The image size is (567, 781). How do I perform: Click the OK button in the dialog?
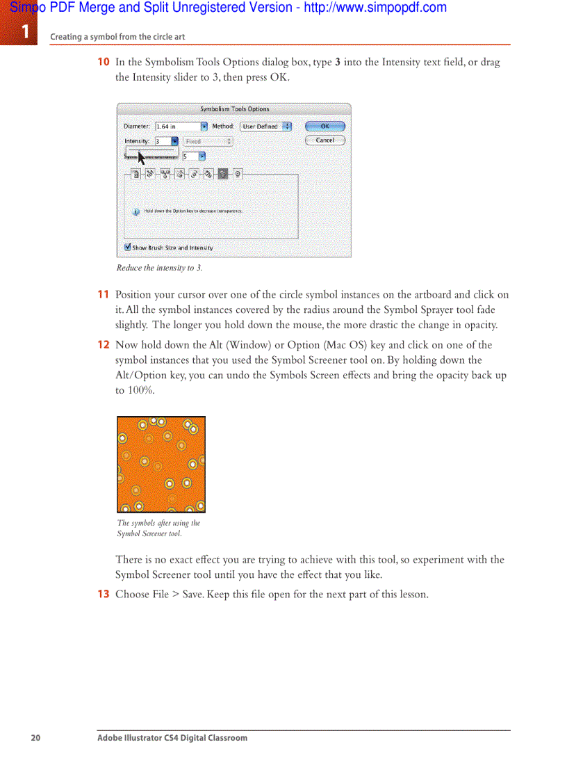click(x=324, y=127)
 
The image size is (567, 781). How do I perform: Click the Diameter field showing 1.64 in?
click(x=177, y=127)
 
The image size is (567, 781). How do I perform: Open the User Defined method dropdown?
click(x=265, y=127)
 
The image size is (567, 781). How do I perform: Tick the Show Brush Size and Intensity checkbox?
click(x=128, y=247)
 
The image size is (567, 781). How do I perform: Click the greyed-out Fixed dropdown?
click(x=208, y=141)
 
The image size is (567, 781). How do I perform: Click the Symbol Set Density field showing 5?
click(x=189, y=156)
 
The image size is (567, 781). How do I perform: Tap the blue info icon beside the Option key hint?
click(x=136, y=211)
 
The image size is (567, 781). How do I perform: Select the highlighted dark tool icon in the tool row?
click(x=222, y=175)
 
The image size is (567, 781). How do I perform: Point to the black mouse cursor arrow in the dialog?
click(x=141, y=157)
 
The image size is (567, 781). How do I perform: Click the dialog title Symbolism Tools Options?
click(x=234, y=109)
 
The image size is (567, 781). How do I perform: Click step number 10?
click(x=103, y=62)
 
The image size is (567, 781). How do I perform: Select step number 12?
click(x=103, y=345)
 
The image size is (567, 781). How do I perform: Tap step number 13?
click(x=103, y=594)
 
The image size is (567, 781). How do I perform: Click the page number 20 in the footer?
click(x=35, y=738)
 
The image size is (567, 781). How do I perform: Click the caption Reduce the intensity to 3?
click(x=159, y=268)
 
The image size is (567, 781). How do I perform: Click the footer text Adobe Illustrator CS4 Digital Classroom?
click(x=172, y=738)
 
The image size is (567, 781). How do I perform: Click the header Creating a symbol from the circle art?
click(x=117, y=37)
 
